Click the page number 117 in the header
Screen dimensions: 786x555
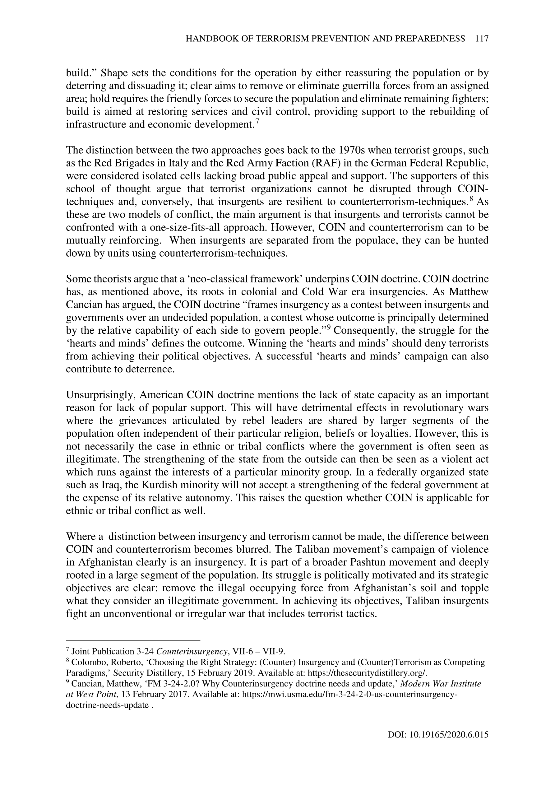[482, 39]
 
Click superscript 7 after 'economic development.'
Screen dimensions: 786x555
[257, 122]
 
